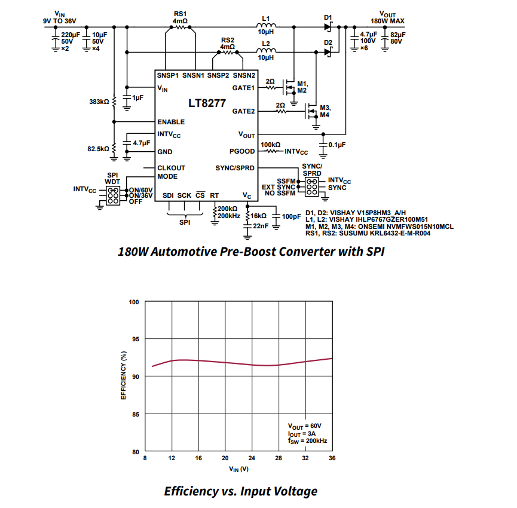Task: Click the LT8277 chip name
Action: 207,103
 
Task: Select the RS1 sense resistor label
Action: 180,14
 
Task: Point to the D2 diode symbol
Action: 328,52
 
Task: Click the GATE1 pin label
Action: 243,88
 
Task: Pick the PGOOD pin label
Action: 242,151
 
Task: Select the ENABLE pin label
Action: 171,122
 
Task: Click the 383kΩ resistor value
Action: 98,102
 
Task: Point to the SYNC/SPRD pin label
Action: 235,168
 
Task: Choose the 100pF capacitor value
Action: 292,216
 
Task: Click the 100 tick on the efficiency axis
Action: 134,302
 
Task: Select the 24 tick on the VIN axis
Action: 252,458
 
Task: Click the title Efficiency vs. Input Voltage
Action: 240,491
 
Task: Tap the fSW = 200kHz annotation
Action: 307,441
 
